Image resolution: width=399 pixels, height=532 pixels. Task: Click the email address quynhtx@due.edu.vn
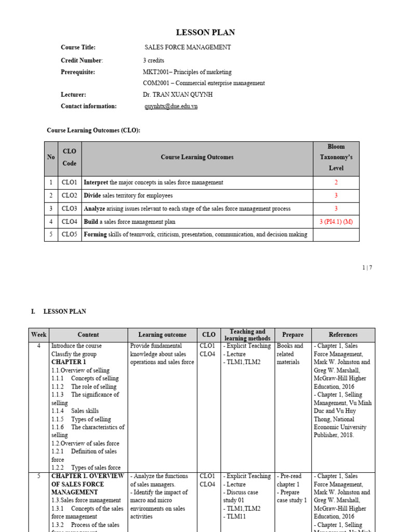171,107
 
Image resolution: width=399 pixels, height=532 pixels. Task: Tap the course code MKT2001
155,72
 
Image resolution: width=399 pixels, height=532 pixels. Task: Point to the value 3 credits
153,60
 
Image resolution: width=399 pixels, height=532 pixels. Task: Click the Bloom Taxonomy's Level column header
336,157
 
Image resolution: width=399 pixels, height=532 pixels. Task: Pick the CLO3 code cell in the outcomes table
70,208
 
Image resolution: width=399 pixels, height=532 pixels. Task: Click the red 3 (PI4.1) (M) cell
336,222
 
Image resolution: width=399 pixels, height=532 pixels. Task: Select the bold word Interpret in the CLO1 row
96,182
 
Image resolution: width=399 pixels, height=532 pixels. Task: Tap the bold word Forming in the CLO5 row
95,235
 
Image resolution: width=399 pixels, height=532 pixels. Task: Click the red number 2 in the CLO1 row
336,182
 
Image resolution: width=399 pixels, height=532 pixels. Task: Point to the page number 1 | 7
367,268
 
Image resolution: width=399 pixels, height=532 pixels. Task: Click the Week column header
39,335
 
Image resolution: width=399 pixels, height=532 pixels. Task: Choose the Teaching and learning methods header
247,335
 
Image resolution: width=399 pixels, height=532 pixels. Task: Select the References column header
343,335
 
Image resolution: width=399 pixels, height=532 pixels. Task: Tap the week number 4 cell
39,346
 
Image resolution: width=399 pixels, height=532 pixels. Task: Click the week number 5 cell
39,476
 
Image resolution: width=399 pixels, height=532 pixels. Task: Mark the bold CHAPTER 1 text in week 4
69,362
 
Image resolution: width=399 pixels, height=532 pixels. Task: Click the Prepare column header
292,335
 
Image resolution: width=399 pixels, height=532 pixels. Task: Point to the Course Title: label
78,47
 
